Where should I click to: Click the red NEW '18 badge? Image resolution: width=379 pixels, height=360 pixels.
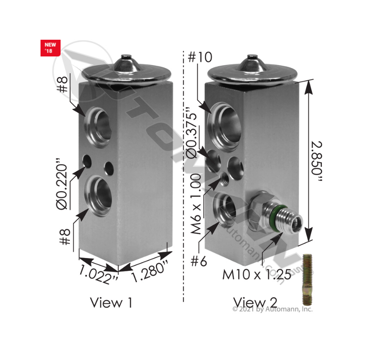coord(50,48)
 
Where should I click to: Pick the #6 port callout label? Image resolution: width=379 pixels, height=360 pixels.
coord(199,261)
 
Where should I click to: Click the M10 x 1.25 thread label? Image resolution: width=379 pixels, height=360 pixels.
coord(257,275)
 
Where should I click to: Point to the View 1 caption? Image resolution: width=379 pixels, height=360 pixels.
coord(111,302)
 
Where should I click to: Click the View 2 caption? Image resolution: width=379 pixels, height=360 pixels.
coord(255,302)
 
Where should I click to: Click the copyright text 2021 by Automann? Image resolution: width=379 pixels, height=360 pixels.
coord(272,309)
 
